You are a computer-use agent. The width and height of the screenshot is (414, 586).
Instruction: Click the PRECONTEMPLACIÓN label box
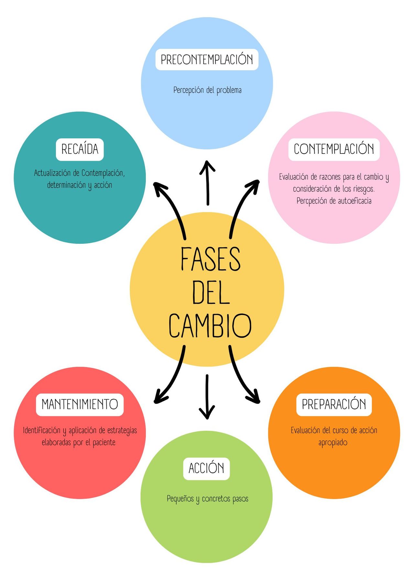pos(207,60)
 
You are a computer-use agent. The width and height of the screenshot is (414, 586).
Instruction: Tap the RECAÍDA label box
pos(80,150)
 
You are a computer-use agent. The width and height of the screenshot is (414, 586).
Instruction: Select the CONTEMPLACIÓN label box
pos(334,150)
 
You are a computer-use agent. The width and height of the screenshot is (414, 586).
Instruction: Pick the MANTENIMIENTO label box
pos(80,405)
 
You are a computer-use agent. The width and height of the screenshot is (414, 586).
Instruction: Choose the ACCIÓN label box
pos(206,468)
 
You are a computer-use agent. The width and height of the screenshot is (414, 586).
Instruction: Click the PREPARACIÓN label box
pos(334,405)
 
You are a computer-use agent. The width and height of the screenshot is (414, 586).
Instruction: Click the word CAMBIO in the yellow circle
pos(210,325)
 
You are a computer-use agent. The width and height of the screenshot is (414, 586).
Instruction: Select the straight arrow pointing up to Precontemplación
pos(207,183)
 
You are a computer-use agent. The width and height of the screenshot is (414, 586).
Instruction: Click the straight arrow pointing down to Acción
pos(207,397)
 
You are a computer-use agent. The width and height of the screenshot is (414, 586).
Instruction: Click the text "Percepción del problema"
pos(207,90)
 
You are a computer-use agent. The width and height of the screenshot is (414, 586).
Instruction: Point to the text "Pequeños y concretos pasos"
pos(208,499)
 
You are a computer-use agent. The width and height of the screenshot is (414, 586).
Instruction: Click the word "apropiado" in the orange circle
pos(333,443)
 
